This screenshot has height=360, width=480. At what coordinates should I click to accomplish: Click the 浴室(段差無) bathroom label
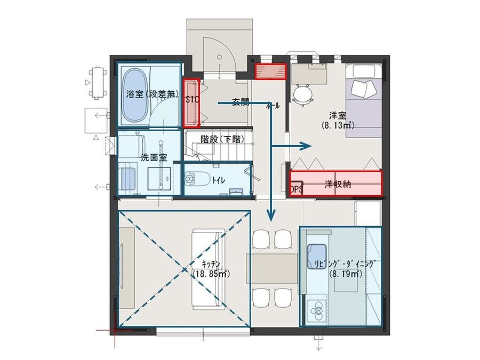pos(151,94)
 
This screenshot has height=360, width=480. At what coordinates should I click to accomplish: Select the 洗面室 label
pos(154,157)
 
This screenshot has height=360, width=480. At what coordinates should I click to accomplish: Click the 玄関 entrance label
pos(240,102)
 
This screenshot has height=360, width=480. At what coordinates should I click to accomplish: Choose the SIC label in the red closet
pos(192,99)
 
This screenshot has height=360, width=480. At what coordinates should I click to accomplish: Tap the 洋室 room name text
pos(334,115)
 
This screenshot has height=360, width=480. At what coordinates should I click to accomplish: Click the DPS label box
pos(296,189)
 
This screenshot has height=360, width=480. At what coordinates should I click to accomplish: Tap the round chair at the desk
pos(303,94)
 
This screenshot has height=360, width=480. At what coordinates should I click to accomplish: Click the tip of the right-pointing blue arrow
pos(310,145)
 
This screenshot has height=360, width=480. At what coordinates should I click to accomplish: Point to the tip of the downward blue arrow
pos(271,220)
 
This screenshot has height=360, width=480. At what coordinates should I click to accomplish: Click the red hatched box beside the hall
pos(270,71)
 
